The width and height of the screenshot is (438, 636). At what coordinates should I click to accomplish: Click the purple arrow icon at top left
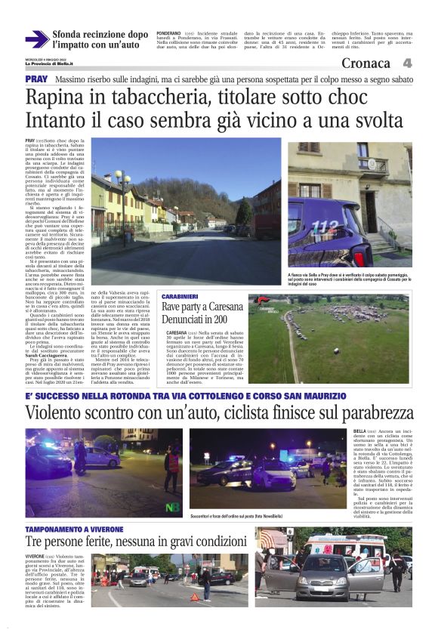[x=36, y=39]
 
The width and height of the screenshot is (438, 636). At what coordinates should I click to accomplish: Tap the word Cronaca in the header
[x=366, y=63]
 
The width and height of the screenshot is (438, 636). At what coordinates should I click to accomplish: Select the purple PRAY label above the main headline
[x=35, y=79]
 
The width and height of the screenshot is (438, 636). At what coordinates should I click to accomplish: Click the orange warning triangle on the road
[x=194, y=597]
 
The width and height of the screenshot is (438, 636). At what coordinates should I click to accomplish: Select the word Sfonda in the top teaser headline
[x=67, y=35]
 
